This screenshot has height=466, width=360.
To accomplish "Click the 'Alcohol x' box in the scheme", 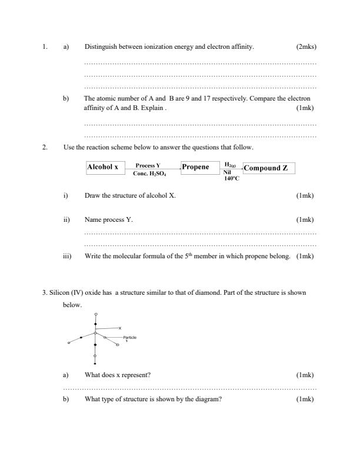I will pos(102,168).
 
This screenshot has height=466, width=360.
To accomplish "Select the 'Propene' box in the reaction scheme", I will pos(195,168).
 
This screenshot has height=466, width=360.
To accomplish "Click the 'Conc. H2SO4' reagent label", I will pos(149,174).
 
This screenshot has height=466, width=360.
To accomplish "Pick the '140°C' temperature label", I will pos(231,178).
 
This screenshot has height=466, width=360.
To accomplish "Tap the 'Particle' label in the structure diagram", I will pos(130,337).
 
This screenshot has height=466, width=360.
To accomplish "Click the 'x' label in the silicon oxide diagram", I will pos(119,328).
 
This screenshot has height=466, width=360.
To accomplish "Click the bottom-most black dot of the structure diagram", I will pos(95,365).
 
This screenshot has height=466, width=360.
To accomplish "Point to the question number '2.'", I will pos(45,147).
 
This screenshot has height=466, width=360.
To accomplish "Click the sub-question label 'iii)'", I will pos(67,256).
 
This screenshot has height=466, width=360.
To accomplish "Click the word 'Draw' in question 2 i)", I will pos(92,195).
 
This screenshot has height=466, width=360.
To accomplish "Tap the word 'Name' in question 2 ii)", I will pos(93,219).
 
